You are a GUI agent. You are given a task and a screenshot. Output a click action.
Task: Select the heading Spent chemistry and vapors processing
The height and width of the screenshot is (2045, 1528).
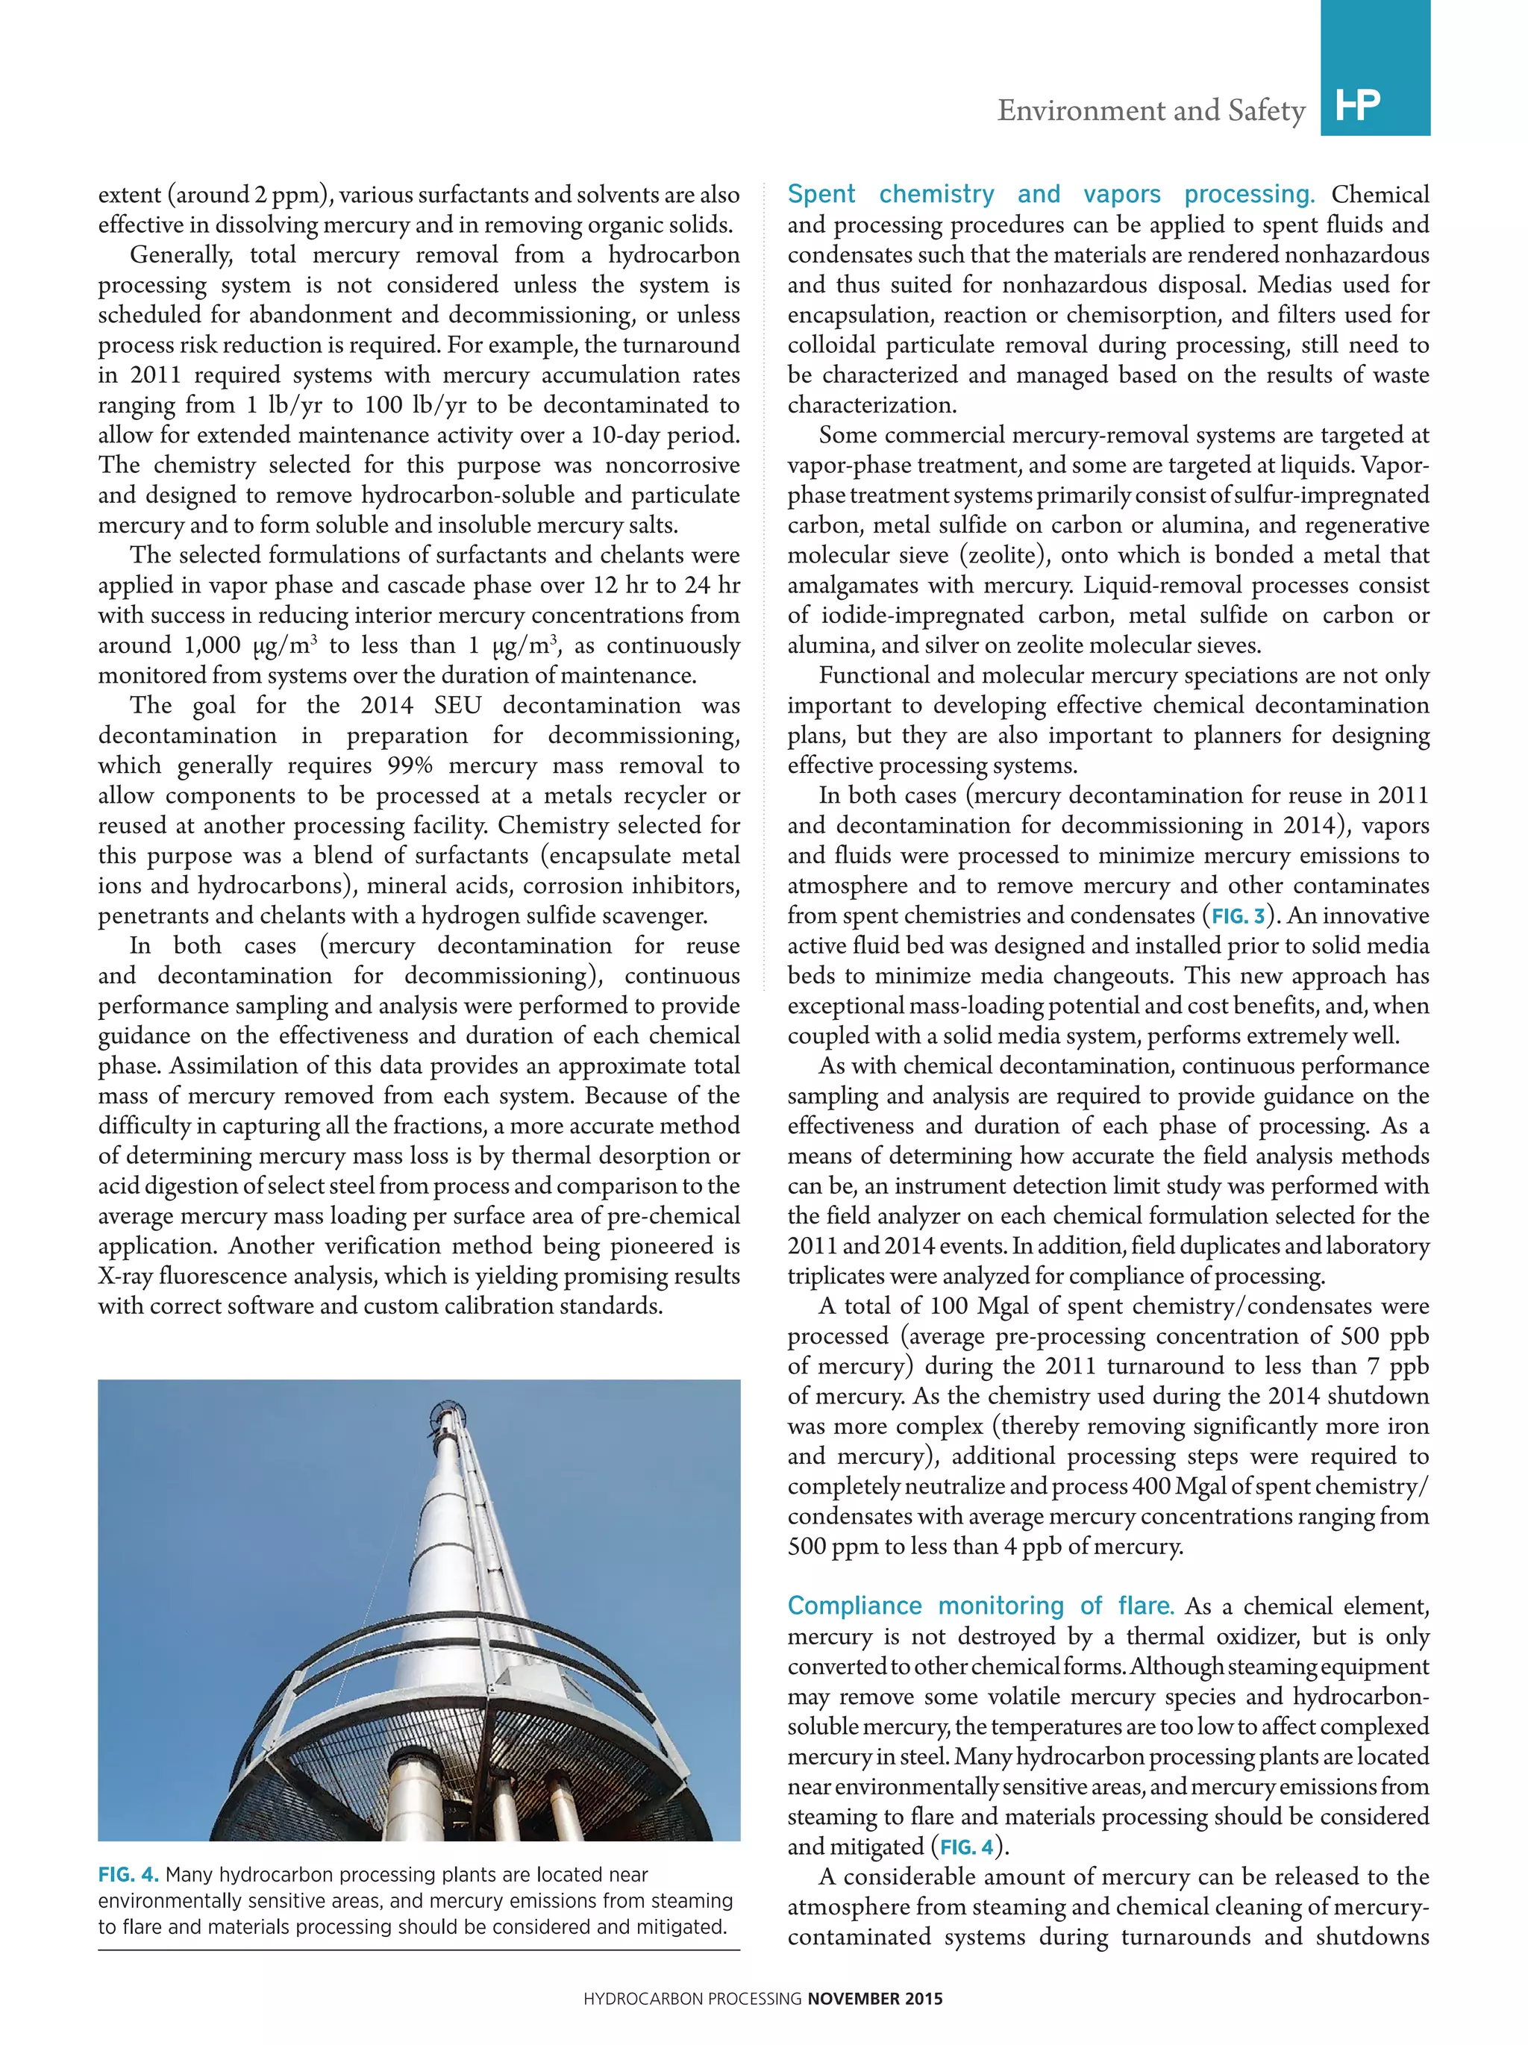click(1049, 194)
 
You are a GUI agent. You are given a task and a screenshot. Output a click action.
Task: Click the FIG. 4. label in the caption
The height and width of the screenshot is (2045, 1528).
click(128, 1874)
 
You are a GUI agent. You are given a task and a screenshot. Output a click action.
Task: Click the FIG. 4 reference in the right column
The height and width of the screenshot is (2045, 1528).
click(967, 1847)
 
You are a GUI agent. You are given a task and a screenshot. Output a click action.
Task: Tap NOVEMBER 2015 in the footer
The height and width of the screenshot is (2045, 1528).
click(874, 1998)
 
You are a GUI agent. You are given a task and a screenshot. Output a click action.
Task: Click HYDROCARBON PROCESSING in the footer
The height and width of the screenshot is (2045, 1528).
click(692, 1998)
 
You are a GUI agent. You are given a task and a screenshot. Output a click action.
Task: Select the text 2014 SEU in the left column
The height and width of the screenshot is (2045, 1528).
click(421, 705)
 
